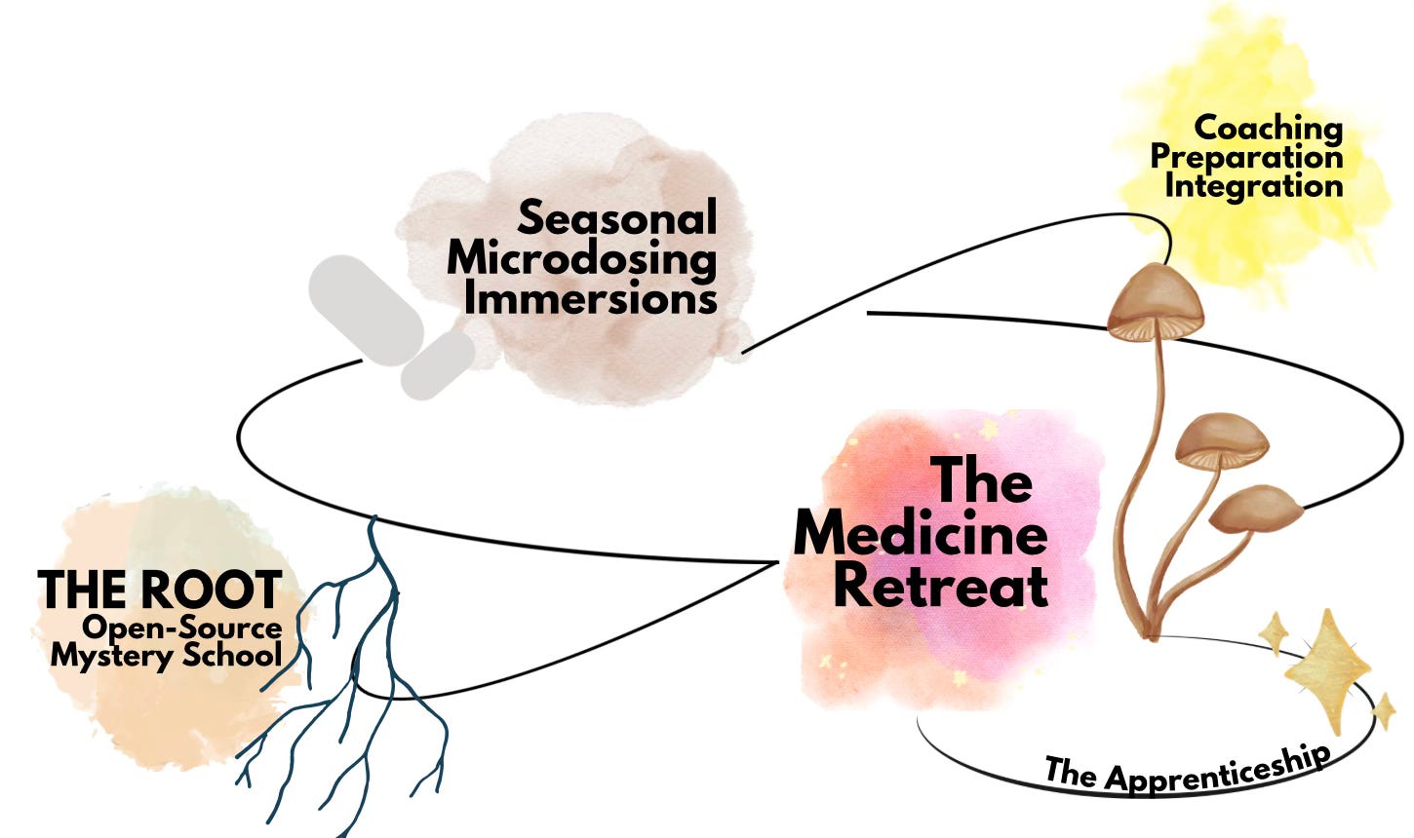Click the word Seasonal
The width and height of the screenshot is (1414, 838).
pyautogui.click(x=616, y=217)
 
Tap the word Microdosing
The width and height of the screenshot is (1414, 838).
pyautogui.click(x=581, y=258)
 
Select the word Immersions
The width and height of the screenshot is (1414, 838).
pyautogui.click(x=590, y=298)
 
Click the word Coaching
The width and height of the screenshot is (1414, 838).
pyautogui.click(x=1268, y=128)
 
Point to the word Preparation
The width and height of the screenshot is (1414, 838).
pyautogui.click(x=1246, y=156)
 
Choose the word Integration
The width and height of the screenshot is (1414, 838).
pyautogui.click(x=1253, y=184)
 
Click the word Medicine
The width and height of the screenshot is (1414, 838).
pyautogui.click(x=921, y=535)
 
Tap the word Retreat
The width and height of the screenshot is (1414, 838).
pyautogui.click(x=941, y=586)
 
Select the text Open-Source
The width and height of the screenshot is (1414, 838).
pyautogui.click(x=181, y=628)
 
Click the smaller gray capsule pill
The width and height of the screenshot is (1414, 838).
pyautogui.click(x=438, y=364)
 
